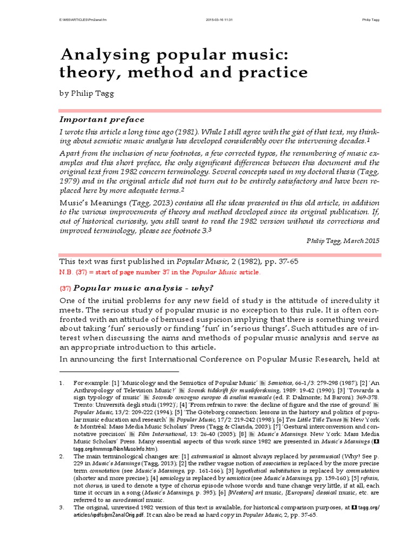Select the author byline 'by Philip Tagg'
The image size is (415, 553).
pos(88,93)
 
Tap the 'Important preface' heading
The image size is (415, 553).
pos(102,119)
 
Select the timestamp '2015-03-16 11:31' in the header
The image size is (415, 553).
pos(219,21)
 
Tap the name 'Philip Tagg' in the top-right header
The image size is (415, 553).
pos(370,21)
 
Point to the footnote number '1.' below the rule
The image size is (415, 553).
pos(62,383)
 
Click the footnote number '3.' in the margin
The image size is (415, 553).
pos(62,508)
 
